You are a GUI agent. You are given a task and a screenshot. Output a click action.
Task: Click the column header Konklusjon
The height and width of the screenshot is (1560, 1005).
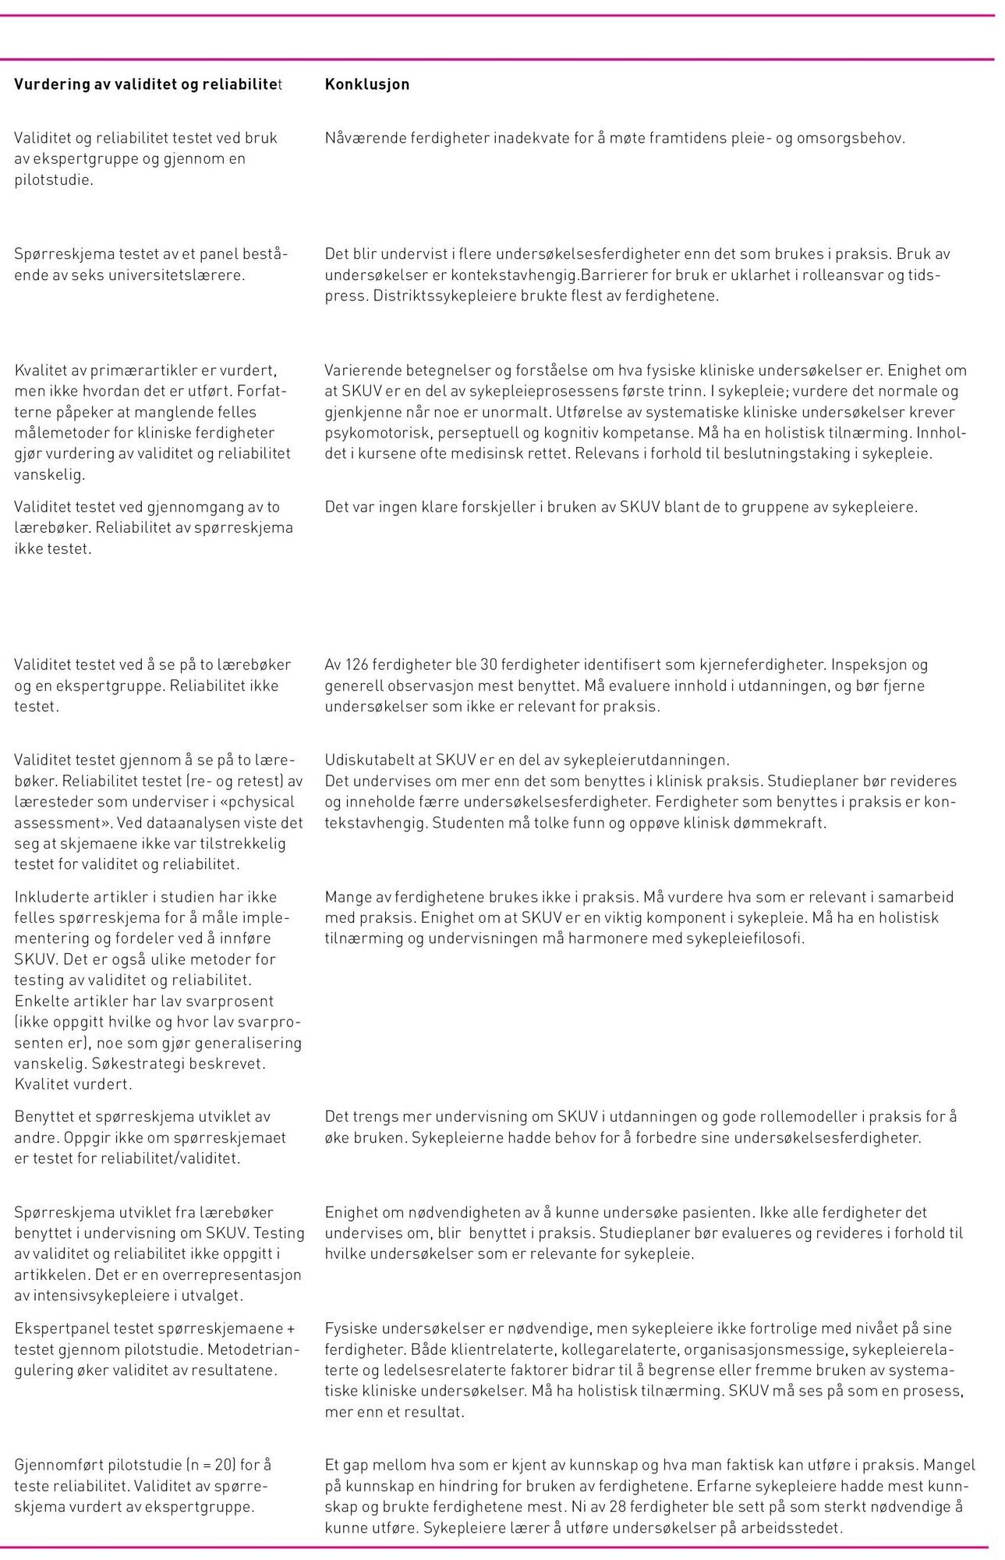tap(366, 84)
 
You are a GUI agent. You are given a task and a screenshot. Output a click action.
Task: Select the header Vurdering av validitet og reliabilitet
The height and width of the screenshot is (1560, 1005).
tap(148, 84)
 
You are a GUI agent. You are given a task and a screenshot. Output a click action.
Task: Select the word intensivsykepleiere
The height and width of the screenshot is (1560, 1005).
tap(98, 1296)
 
